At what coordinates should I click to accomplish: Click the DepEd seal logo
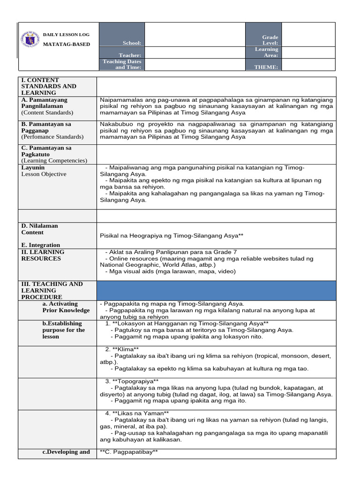30,40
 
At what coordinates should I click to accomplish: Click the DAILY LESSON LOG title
66,35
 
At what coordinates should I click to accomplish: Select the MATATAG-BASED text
66,45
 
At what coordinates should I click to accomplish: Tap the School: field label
132,43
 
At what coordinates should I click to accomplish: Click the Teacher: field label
130,55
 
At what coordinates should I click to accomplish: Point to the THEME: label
266,67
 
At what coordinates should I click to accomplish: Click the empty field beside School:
195,35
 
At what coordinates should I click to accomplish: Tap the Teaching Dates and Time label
122,64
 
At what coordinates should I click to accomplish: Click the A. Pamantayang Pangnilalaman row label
45,103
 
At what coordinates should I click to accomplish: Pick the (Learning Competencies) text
54,160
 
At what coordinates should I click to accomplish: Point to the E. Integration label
41,245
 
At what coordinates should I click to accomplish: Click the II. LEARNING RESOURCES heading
43,255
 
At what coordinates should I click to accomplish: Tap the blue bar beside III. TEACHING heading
216,291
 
